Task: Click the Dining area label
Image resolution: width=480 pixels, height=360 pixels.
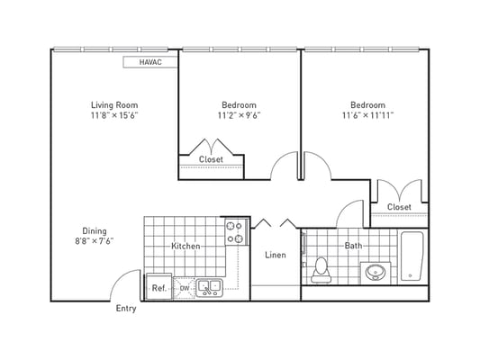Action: [95, 229]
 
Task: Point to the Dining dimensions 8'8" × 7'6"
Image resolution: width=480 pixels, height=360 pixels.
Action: [95, 241]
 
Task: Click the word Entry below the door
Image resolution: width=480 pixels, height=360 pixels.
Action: [127, 309]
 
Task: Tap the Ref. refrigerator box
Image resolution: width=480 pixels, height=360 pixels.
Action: [158, 287]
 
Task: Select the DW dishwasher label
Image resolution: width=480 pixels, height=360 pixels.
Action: [184, 288]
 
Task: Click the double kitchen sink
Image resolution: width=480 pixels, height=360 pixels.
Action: [210, 288]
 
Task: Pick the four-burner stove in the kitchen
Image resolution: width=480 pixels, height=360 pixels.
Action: [235, 233]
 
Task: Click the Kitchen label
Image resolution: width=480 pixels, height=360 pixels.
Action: [186, 246]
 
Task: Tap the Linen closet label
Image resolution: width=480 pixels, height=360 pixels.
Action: [276, 255]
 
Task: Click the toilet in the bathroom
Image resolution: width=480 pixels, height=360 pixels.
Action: [320, 269]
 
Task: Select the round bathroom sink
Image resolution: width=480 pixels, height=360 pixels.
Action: [376, 273]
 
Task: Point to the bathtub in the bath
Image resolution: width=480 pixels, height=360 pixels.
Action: [412, 256]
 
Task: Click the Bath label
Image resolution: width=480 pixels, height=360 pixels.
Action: [353, 245]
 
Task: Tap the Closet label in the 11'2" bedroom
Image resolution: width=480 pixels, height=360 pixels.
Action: [211, 159]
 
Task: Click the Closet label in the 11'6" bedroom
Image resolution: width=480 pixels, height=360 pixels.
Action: [399, 207]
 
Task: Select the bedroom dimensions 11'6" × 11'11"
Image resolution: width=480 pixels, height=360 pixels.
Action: [367, 115]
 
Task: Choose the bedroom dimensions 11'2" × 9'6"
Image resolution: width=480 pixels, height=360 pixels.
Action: [239, 115]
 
